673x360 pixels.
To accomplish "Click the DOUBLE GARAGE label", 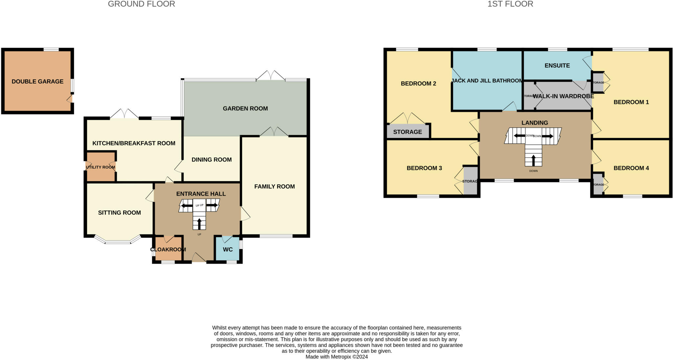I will tap(37, 81).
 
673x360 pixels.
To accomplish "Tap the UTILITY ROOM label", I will tap(100, 167).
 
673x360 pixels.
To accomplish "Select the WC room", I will tap(227, 249).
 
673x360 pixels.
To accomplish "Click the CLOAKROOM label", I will tap(168, 250).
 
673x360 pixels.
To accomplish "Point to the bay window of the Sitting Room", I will tap(118, 241).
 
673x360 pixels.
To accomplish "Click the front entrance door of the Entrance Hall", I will tap(198, 258).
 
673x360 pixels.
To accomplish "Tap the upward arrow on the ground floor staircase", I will tap(199, 224).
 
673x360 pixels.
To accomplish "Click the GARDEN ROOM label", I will tap(245, 108).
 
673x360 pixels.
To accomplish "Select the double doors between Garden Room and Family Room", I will tap(274, 132).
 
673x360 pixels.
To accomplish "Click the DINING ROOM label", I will tap(212, 160).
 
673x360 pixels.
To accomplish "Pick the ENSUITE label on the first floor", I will tap(557, 65).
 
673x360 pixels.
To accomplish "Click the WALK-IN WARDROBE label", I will tap(563, 96).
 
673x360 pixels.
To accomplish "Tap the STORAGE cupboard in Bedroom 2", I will tap(407, 132).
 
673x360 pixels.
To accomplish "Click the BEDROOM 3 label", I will tap(424, 168).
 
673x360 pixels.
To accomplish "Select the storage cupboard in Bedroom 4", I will tap(598, 184).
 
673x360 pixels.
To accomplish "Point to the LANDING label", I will tap(535, 123).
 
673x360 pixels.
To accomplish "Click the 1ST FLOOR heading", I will tap(510, 4).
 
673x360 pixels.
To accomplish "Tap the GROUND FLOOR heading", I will tap(141, 4).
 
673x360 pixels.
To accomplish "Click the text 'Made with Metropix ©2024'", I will tap(336, 357).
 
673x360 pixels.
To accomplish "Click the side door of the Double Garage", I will tap(70, 99).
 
